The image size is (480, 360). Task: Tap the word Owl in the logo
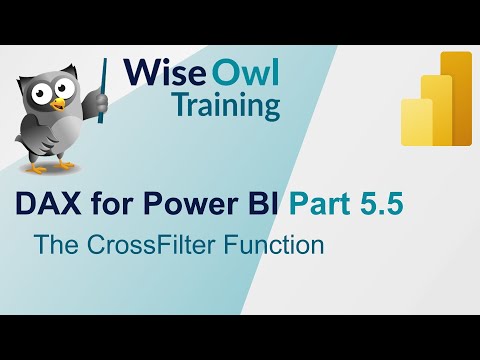click(x=246, y=73)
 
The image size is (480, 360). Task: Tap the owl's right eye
click(x=75, y=90)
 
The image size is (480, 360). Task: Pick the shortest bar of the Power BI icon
click(x=417, y=123)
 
